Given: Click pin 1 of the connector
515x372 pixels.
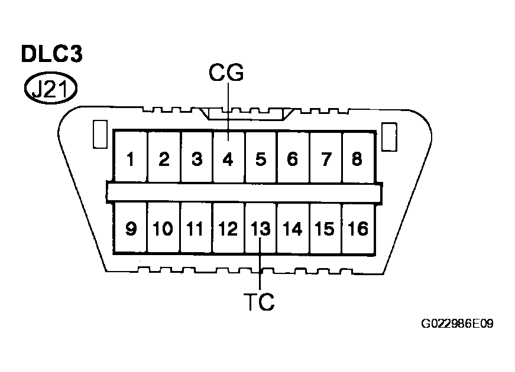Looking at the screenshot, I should click(131, 159).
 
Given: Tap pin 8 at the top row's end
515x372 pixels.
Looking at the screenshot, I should click(357, 159).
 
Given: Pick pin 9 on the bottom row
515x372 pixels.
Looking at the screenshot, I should click(131, 229).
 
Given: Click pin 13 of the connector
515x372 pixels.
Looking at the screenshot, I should click(260, 229).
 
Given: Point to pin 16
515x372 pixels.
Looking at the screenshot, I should click(357, 229).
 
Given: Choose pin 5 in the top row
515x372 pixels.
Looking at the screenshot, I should click(261, 159).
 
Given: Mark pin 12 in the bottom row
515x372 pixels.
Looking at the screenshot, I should click(228, 229).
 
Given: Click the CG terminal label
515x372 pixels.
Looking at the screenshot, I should click(226, 73).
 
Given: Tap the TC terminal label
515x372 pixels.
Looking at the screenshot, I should click(260, 302).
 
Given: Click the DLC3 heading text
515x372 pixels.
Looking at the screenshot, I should click(52, 54).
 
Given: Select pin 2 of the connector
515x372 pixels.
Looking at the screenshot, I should click(164, 159).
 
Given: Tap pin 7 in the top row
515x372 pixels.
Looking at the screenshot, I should click(325, 159).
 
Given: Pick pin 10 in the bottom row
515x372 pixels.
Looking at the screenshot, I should click(164, 229).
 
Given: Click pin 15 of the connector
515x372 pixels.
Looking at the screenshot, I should click(325, 229).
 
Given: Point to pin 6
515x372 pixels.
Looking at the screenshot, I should click(293, 159).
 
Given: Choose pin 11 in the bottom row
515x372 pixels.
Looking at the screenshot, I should click(196, 229).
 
